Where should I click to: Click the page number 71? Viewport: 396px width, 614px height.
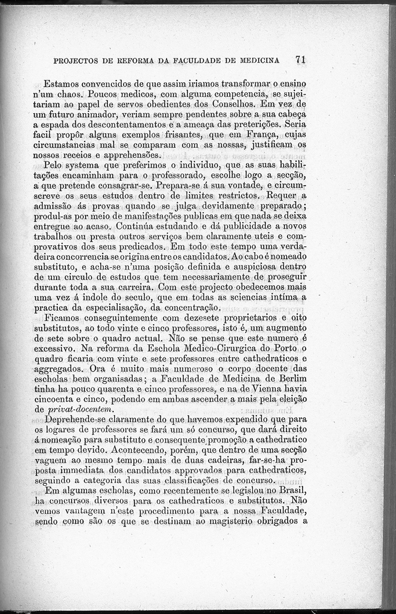coord(300,59)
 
